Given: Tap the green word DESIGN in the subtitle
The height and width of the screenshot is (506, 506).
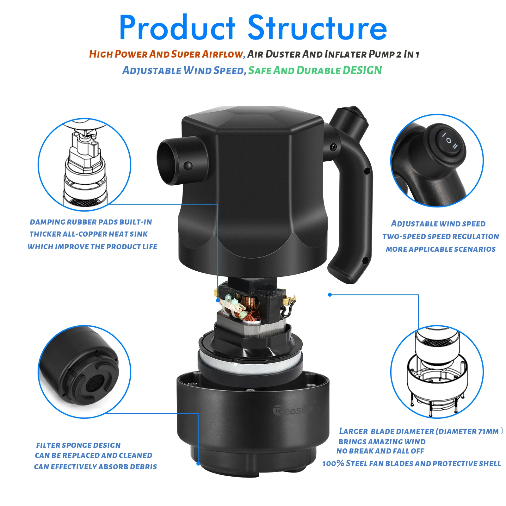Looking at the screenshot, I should coord(362,70).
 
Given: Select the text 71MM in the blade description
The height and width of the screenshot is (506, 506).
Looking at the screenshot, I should coord(488,431).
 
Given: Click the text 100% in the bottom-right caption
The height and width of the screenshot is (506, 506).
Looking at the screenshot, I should coord(333,464).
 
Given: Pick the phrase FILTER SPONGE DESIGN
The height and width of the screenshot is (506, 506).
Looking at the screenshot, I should coord(78,445).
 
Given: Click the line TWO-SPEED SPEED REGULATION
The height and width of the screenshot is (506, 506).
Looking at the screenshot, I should coord(441,237).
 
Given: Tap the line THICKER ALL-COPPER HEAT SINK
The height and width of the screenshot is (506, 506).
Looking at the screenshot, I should coord(89,234).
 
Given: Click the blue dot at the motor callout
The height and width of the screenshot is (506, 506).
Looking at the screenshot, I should coord(218,300).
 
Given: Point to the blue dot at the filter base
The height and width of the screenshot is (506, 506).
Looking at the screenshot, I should coord(198,464).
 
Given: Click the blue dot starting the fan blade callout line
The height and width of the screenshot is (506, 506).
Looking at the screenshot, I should coord(330,295).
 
